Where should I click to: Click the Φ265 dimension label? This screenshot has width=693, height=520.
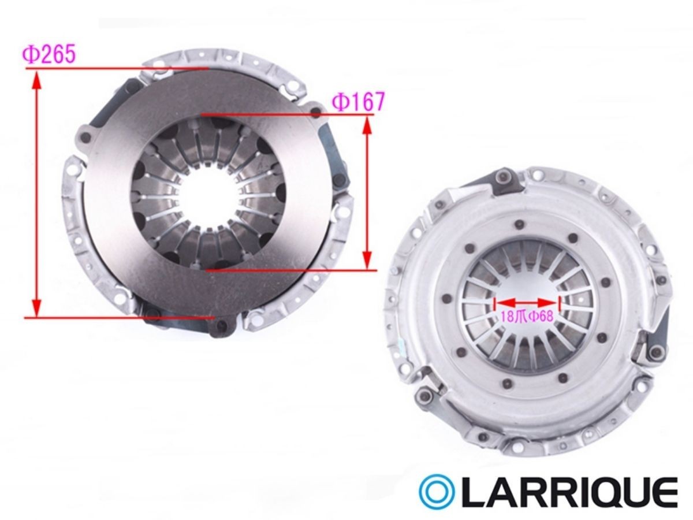[x=49, y=54]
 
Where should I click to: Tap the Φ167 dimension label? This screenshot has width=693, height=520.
[x=359, y=101]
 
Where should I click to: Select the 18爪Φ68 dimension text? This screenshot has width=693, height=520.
[x=527, y=317]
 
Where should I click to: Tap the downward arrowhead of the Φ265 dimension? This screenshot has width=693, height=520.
[x=37, y=307]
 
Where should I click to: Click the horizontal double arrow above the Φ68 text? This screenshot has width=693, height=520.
[x=527, y=302]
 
